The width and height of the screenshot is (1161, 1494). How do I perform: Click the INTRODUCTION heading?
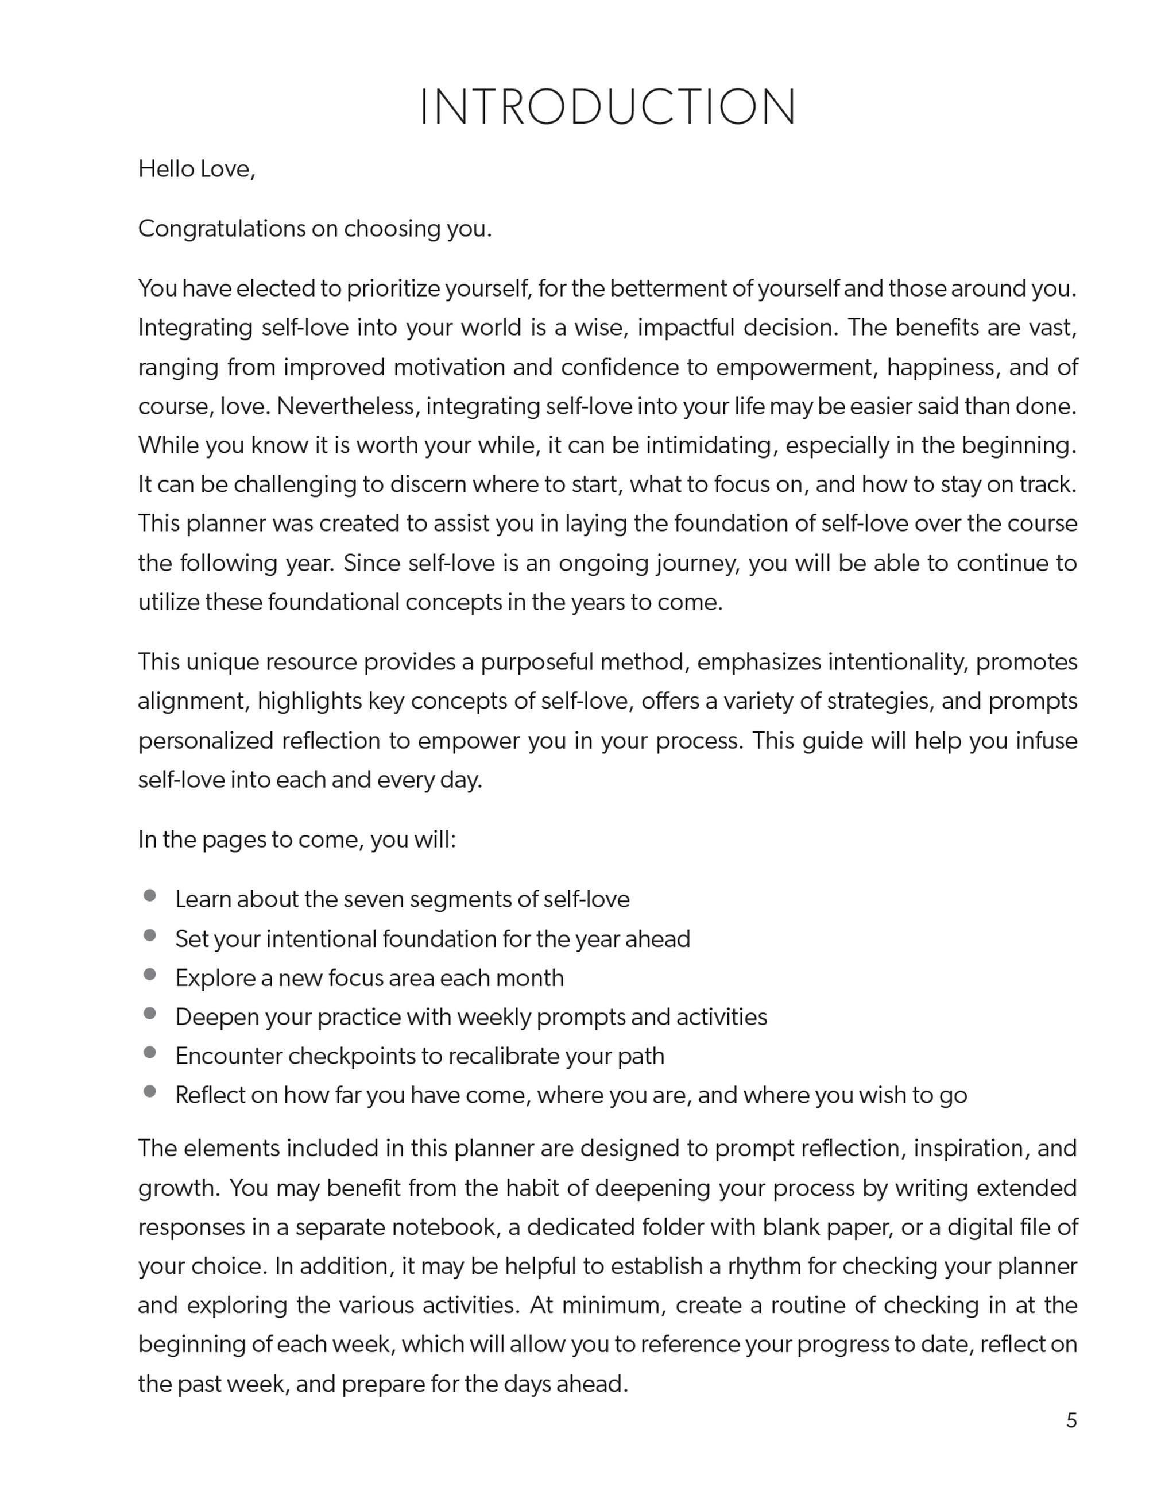607,107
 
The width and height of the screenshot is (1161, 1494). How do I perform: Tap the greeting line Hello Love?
196,169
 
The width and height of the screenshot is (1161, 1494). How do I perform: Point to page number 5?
1071,1420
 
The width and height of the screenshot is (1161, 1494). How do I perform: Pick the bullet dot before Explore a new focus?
150,974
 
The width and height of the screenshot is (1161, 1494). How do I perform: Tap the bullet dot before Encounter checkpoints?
150,1052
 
